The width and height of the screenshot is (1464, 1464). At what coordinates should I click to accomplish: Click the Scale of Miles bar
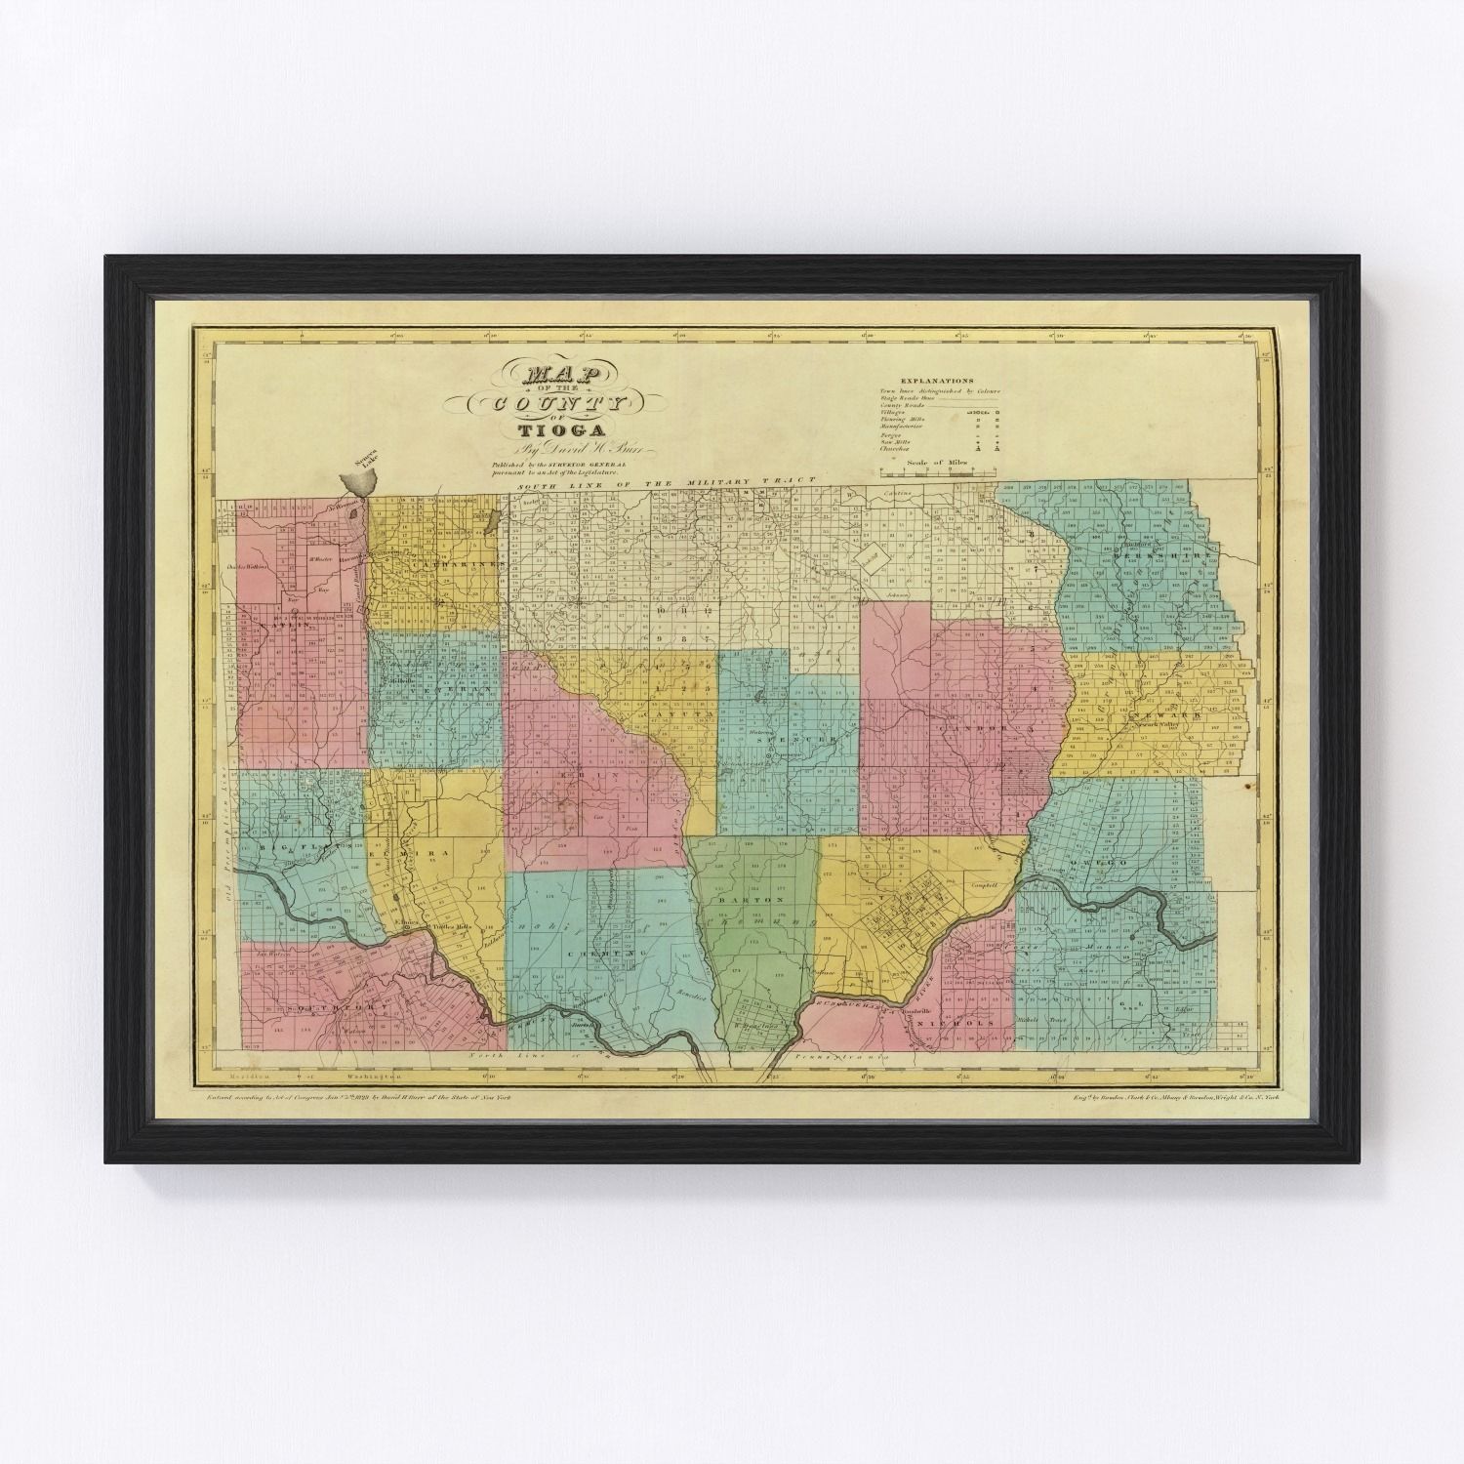pos(960,472)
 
